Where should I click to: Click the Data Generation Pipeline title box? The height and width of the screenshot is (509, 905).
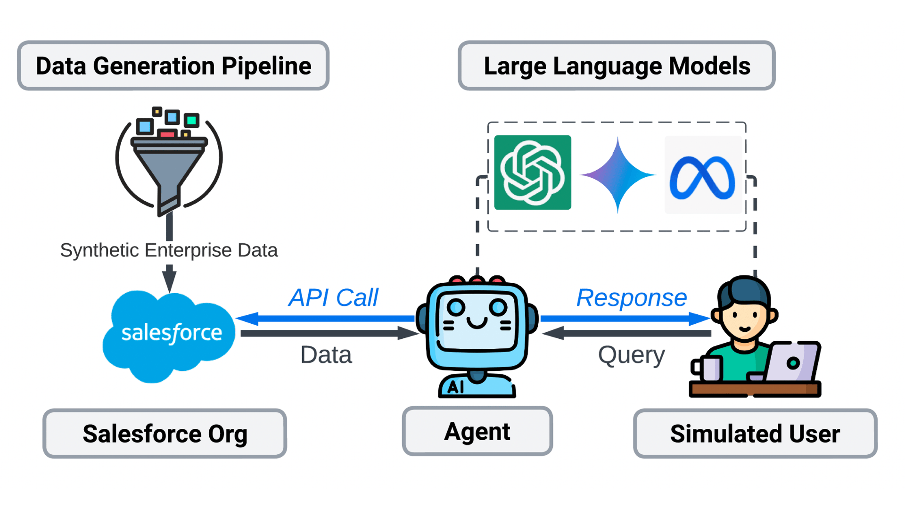click(x=173, y=66)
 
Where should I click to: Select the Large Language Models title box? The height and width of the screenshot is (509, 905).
click(x=617, y=66)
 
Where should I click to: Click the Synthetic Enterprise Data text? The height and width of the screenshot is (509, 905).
click(x=169, y=250)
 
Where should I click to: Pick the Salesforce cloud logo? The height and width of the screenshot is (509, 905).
click(x=169, y=336)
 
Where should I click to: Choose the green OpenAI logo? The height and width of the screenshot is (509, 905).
click(x=533, y=172)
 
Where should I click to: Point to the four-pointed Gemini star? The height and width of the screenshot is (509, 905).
click(x=617, y=175)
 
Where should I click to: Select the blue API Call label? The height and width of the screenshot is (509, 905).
click(x=333, y=298)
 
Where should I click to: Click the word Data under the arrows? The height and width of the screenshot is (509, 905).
click(x=326, y=355)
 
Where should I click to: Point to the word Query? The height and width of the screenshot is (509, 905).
click(x=632, y=356)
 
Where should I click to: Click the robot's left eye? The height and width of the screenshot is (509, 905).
click(x=456, y=308)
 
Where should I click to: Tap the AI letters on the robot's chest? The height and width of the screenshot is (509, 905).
click(x=455, y=387)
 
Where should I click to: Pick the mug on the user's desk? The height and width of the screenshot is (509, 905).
click(x=707, y=368)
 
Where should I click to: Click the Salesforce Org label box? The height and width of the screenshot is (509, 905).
click(x=165, y=434)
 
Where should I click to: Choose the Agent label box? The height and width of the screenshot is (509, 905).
click(x=477, y=431)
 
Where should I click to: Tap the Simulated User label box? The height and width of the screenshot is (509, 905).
click(x=755, y=434)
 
